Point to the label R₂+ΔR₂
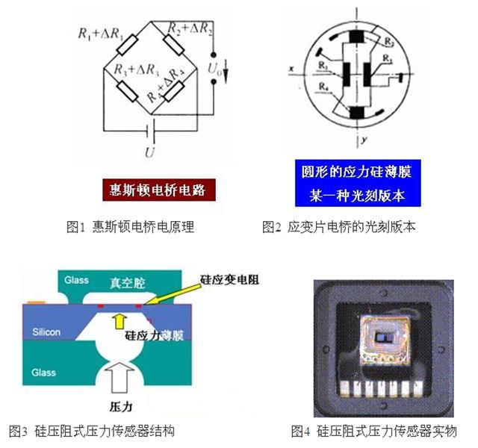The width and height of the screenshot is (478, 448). (187, 30)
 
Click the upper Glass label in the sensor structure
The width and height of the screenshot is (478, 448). (75, 281)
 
